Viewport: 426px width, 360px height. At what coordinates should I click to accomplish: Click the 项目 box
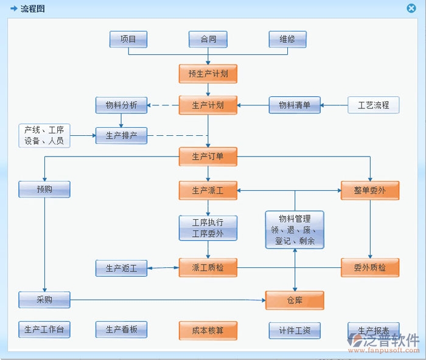pyautogui.click(x=128, y=40)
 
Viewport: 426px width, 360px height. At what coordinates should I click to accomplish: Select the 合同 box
pyautogui.click(x=208, y=40)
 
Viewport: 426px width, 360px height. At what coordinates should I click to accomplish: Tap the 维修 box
pyautogui.click(x=287, y=40)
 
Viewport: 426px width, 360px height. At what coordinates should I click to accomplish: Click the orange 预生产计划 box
pyautogui.click(x=208, y=74)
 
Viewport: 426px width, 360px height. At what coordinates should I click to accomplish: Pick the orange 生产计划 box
pyautogui.click(x=208, y=105)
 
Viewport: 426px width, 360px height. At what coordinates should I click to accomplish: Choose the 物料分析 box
pyautogui.click(x=121, y=105)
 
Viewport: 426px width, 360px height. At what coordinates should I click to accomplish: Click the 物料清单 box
pyautogui.click(x=295, y=105)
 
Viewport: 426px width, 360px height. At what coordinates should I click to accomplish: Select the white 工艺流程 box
pyautogui.click(x=373, y=105)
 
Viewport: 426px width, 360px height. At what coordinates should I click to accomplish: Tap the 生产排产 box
pyautogui.click(x=121, y=135)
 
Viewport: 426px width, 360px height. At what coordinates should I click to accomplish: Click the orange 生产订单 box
pyautogui.click(x=208, y=157)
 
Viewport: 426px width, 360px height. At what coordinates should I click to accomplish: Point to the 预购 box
pyautogui.click(x=44, y=189)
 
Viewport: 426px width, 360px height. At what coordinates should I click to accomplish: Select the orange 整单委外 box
pyautogui.click(x=370, y=191)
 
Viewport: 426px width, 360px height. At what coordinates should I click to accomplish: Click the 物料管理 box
pyautogui.click(x=295, y=230)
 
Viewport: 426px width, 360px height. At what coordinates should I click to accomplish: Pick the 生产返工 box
pyautogui.click(x=121, y=268)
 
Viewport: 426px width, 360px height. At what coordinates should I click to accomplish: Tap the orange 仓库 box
pyautogui.click(x=295, y=300)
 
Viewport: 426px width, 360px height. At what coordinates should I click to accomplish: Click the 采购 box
pyautogui.click(x=44, y=300)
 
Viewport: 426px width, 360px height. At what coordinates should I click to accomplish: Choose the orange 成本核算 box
pyautogui.click(x=208, y=331)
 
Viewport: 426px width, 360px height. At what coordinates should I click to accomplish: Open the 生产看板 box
pyautogui.click(x=121, y=330)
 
